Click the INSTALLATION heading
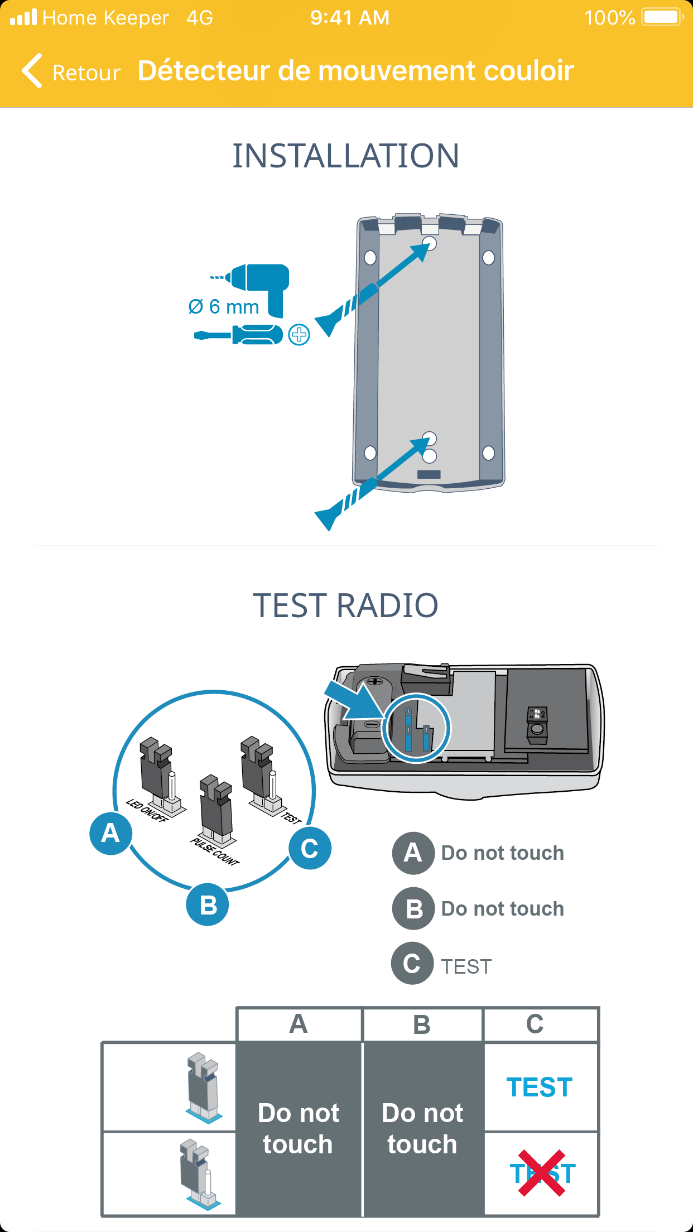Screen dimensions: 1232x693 [x=346, y=156]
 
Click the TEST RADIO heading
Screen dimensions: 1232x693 [x=346, y=605]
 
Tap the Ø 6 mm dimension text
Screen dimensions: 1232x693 [x=224, y=307]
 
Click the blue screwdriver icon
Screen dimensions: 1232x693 [x=239, y=335]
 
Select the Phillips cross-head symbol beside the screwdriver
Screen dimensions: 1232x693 [x=299, y=335]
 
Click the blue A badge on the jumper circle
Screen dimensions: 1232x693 [x=110, y=834]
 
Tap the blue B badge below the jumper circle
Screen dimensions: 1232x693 [x=208, y=904]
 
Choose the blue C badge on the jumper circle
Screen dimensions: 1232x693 [x=310, y=849]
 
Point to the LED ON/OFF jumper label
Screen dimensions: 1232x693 [x=147, y=811]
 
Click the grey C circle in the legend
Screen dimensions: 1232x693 [x=412, y=964]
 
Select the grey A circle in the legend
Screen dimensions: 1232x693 [x=413, y=853]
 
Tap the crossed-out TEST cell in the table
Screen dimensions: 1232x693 [x=541, y=1173]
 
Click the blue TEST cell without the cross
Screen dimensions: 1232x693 [x=540, y=1087]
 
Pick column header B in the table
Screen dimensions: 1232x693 [x=422, y=1024]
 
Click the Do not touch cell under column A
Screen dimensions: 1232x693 [x=299, y=1128]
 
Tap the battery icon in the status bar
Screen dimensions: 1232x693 [x=662, y=17]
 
